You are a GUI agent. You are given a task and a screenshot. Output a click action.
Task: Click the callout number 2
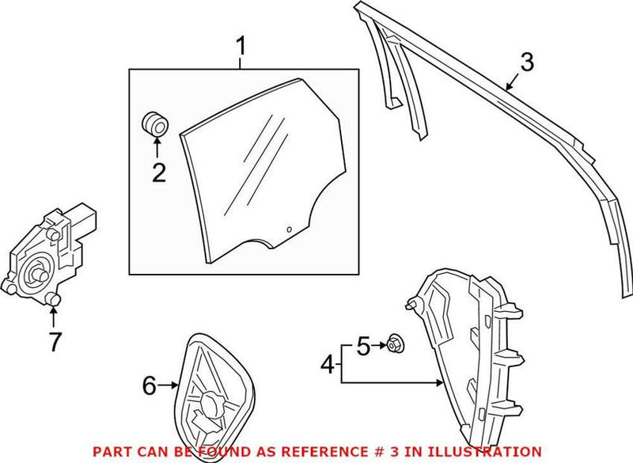[158, 172]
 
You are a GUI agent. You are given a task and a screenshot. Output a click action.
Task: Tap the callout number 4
[327, 366]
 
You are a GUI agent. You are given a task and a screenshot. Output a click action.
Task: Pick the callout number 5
[362, 345]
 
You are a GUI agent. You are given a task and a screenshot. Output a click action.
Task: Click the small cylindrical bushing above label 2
[156, 124]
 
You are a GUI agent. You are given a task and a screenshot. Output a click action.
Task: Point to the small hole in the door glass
[289, 230]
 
